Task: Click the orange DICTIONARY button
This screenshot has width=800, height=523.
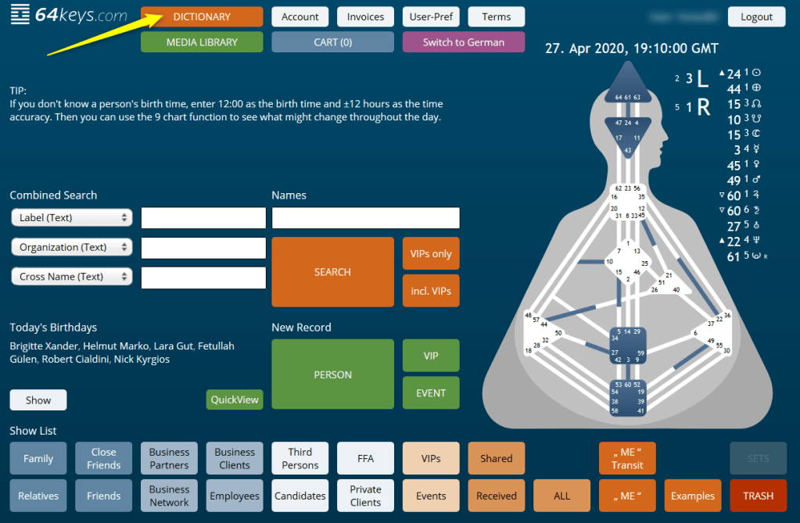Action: coord(202,16)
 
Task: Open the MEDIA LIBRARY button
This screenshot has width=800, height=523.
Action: coord(202,42)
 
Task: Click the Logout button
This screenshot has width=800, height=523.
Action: coord(756,16)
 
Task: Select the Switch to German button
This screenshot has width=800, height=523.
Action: coord(464,42)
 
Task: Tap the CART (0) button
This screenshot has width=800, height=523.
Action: coord(332,42)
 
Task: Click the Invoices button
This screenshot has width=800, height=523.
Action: coord(365,16)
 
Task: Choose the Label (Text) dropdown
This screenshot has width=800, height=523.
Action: coord(72,217)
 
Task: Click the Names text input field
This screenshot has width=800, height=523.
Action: coord(365,218)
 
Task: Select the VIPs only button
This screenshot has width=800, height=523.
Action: coord(431,253)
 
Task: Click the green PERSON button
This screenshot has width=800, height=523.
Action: coord(332,374)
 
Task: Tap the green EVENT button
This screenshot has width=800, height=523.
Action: coord(431,393)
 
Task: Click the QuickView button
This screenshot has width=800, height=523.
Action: coord(235,399)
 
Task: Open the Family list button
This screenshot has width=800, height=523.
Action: coord(38,458)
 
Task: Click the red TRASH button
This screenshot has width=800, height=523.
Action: coord(758,496)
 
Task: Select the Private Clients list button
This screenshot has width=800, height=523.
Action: coord(365,496)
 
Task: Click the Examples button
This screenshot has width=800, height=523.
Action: coord(693,496)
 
